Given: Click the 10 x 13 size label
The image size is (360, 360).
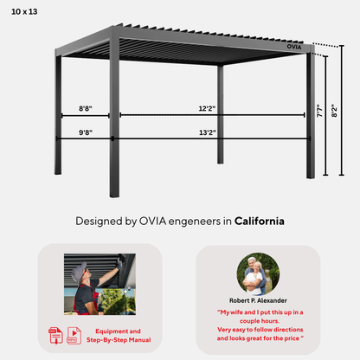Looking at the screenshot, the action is click(24, 12).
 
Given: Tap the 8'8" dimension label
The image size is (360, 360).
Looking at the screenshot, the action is click(86, 108).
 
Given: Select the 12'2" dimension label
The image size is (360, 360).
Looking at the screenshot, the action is click(207, 108).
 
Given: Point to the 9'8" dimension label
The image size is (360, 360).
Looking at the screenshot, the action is click(86, 132).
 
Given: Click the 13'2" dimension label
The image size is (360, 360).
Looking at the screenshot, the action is click(208, 132).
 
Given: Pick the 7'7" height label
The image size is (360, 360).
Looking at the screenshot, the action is click(319, 111).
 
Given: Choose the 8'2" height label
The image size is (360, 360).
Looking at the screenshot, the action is click(334, 111).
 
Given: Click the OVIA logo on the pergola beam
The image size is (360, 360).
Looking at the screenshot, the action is click(294, 47).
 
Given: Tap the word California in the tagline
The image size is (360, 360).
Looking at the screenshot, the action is click(260, 221).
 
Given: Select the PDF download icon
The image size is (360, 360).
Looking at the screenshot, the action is click(55, 336).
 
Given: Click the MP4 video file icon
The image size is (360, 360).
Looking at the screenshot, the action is click(74, 336).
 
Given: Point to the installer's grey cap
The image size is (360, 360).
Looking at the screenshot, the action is click(79, 271).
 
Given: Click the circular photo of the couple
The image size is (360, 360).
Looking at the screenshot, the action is click(258, 274).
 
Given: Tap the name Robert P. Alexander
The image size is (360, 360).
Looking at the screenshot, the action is click(258, 300).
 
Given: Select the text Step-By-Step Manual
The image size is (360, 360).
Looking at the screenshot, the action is click(119, 340).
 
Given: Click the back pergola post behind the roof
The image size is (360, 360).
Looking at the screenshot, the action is click(221, 114).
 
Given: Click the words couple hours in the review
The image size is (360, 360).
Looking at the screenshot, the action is click(260, 321).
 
